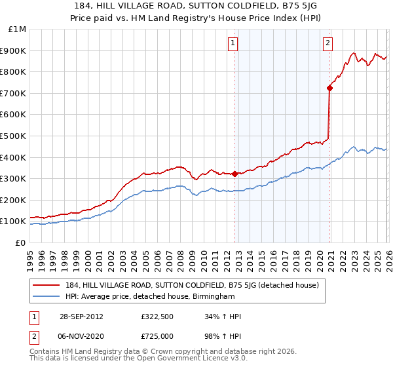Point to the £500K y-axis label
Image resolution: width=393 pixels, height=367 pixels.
point(14,136)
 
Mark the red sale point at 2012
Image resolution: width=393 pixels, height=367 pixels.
point(234,174)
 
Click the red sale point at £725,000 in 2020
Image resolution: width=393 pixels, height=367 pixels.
point(329,88)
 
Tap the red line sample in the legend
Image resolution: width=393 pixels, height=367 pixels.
point(47,285)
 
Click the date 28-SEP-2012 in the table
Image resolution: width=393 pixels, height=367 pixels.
point(79,317)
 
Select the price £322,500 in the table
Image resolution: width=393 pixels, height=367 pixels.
point(157,317)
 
